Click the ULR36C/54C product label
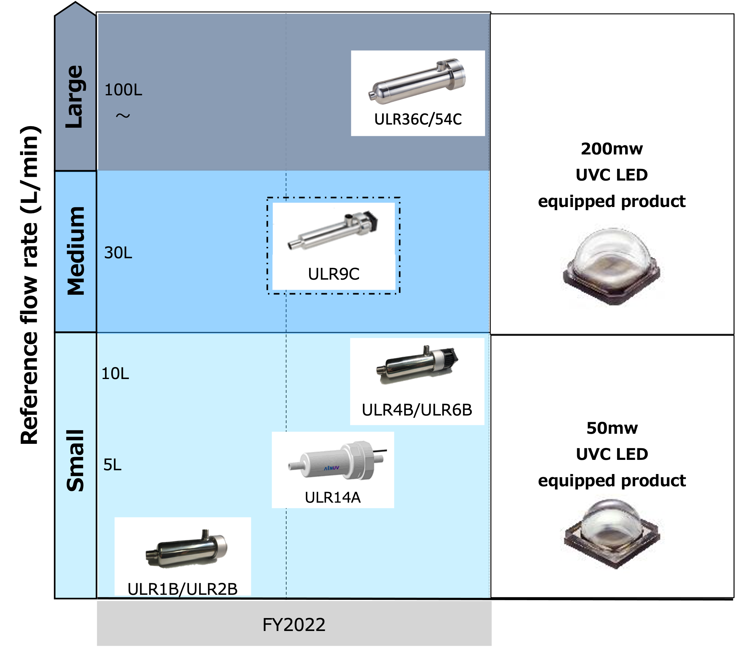[418, 120]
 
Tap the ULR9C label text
[334, 274]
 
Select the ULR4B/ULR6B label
[417, 410]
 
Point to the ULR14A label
[333, 497]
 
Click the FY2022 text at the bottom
[294, 625]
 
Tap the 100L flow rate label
[123, 90]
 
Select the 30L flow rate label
[118, 253]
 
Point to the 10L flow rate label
[115, 374]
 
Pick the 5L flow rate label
[112, 465]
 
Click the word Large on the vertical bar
[75, 96]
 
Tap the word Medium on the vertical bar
[76, 251]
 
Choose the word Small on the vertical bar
[75, 460]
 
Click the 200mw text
[612, 149]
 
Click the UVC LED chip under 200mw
[612, 266]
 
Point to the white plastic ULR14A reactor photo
[337, 460]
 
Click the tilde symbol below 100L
[123, 116]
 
